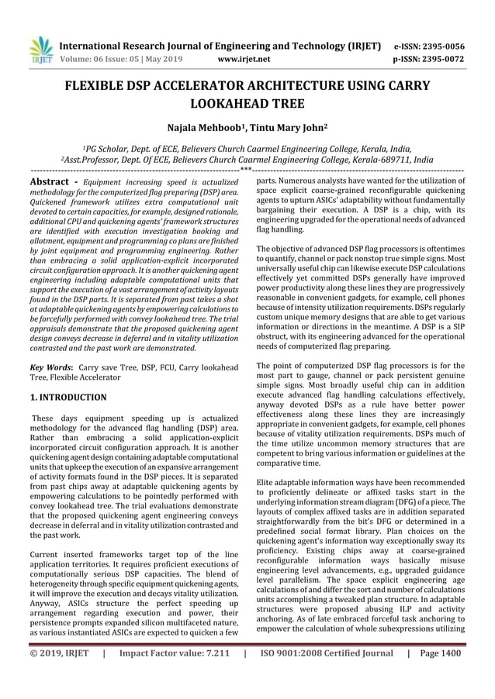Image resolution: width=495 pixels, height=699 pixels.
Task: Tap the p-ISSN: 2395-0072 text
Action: point(429,58)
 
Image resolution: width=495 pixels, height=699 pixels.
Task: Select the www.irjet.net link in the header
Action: point(244,58)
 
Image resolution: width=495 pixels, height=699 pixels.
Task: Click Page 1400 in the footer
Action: point(439,675)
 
